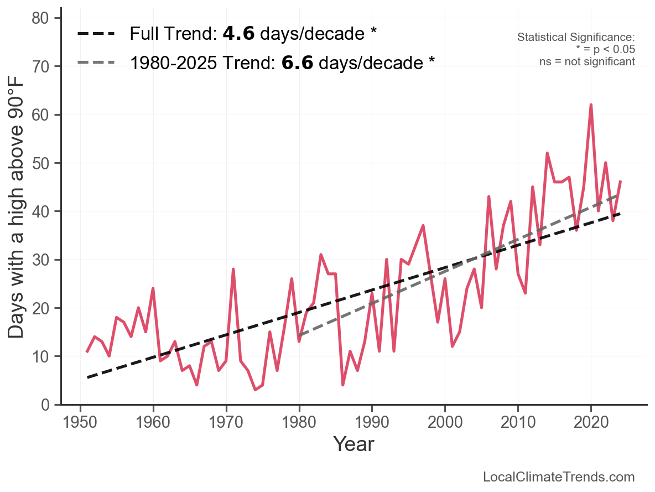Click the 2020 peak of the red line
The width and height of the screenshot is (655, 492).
click(x=591, y=105)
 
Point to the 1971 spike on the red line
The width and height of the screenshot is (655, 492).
click(x=233, y=269)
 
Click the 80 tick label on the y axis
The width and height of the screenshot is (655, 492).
click(x=44, y=18)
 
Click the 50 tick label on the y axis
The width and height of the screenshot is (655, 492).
click(x=44, y=163)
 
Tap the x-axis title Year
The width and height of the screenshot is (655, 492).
click(x=354, y=444)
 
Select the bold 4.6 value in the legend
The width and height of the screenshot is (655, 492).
click(x=238, y=34)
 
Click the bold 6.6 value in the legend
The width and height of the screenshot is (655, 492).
click(x=297, y=63)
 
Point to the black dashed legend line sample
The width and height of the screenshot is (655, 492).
click(x=96, y=34)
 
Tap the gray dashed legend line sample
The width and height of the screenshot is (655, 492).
click(x=96, y=63)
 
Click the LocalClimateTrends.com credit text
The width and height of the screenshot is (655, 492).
click(x=559, y=477)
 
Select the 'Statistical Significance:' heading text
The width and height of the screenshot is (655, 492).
click(x=576, y=37)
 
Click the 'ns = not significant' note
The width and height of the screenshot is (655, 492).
click(x=587, y=61)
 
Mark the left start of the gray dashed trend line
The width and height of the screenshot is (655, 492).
click(x=299, y=335)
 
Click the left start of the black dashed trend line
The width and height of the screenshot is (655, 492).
click(x=87, y=377)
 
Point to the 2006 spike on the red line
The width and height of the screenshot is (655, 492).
click(x=489, y=196)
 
